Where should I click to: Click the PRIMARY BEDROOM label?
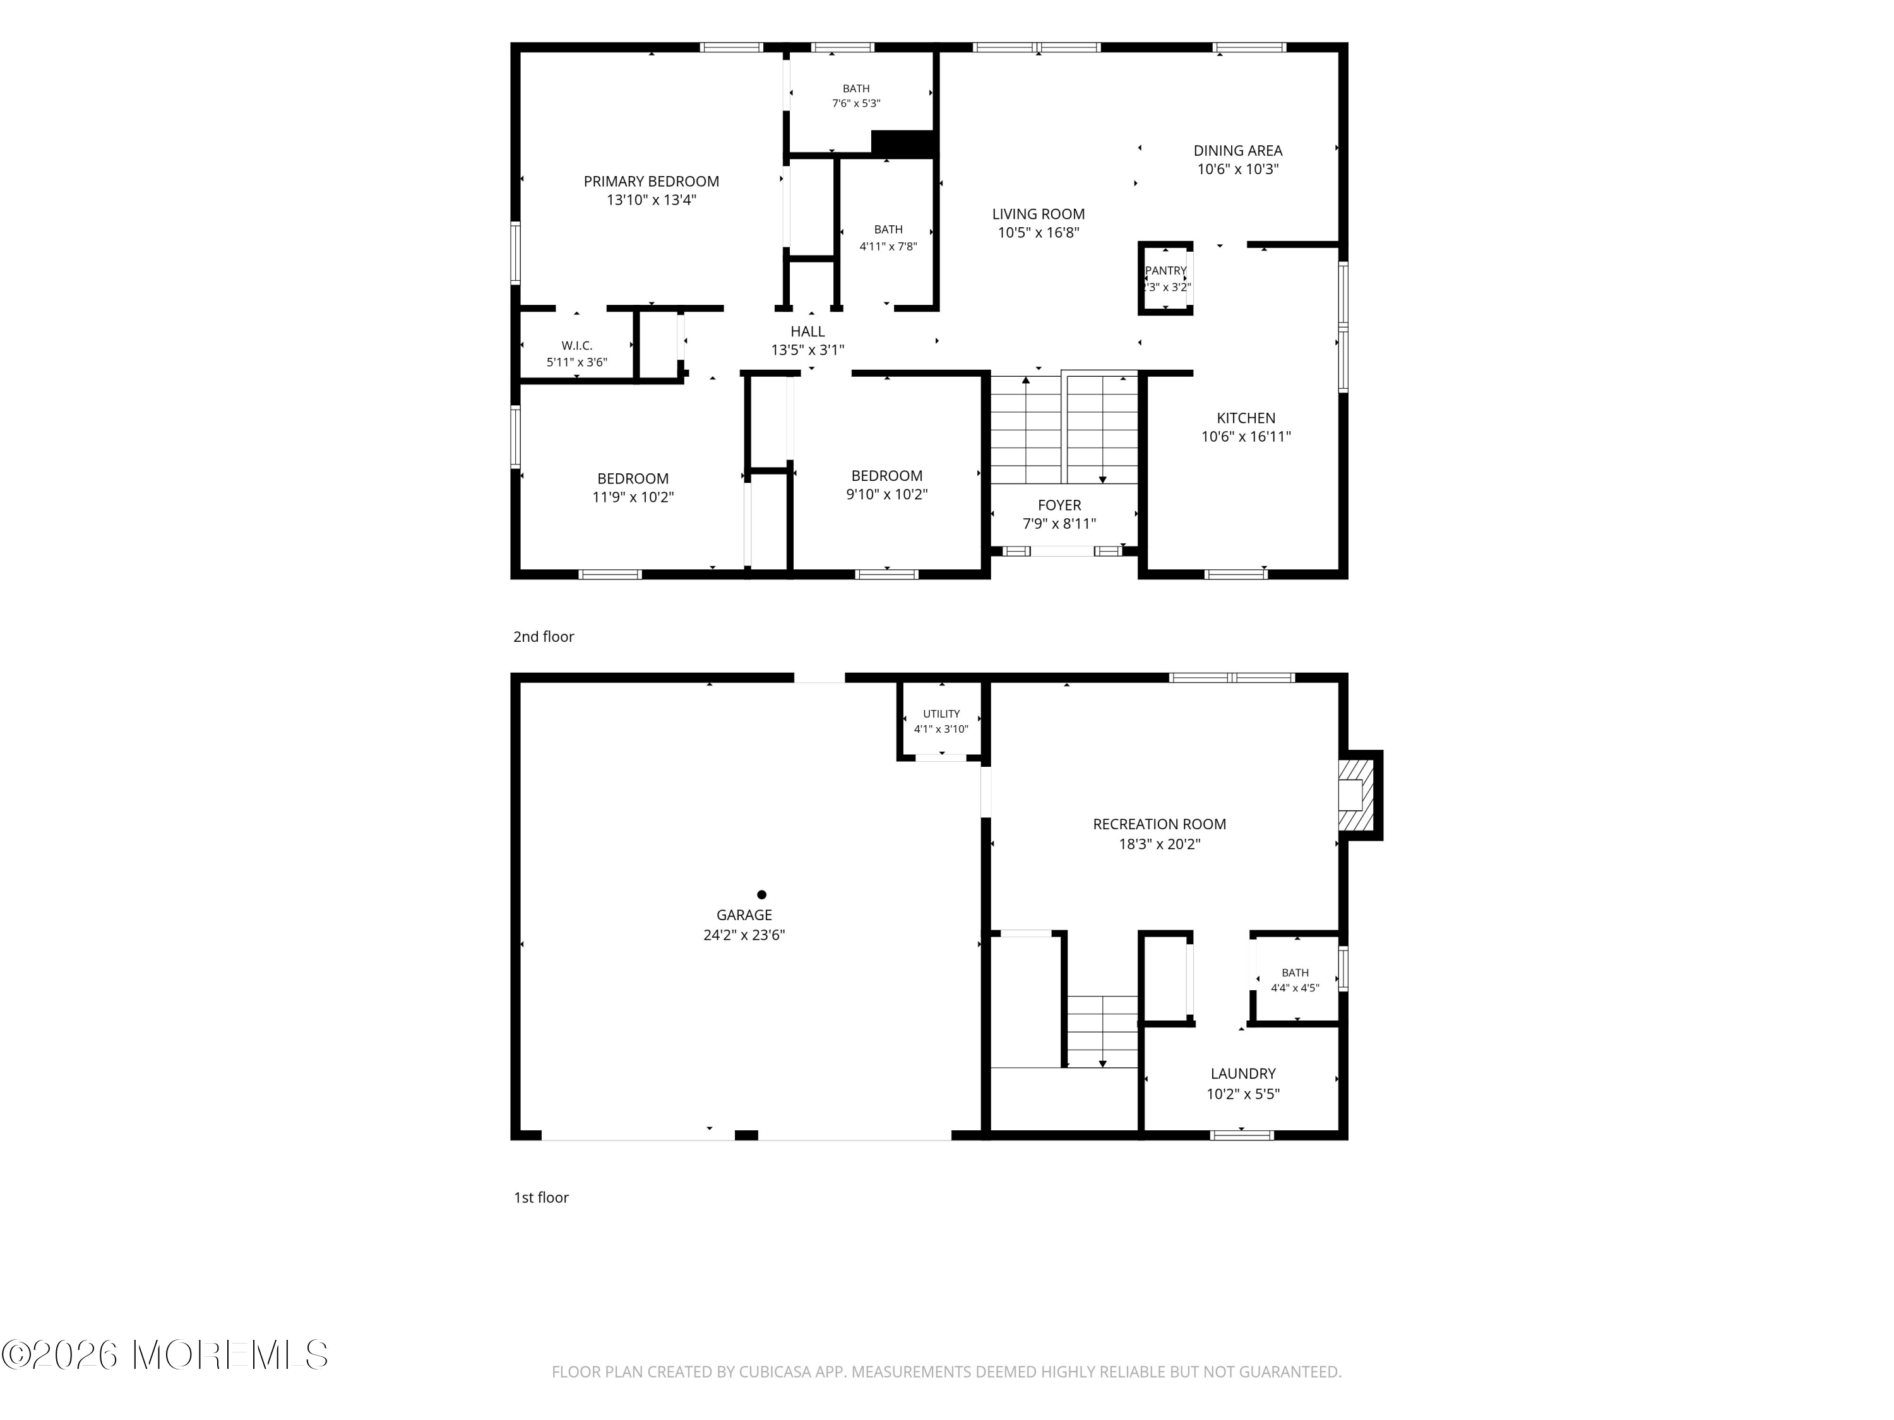coord(651,182)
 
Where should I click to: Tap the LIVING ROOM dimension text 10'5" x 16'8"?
coord(1038,233)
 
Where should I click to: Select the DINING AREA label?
coord(1237,151)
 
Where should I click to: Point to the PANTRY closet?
coord(1165,278)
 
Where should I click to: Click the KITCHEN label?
coord(1246,418)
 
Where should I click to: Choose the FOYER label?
coord(1059,505)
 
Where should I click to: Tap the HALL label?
coord(807,331)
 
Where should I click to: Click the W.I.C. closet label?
coord(576,346)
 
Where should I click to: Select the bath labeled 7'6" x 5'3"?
coord(856,96)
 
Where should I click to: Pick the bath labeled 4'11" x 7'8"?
coord(888,238)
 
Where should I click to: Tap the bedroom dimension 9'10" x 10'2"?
coord(886,495)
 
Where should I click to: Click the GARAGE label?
coord(744,915)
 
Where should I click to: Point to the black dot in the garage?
coord(761,894)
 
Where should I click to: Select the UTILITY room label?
coord(941,714)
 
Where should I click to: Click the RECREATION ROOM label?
coord(1159,824)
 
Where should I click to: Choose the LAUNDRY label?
coord(1242,1074)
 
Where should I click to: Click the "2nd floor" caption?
coord(544,637)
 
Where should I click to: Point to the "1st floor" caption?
coord(541,1197)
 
